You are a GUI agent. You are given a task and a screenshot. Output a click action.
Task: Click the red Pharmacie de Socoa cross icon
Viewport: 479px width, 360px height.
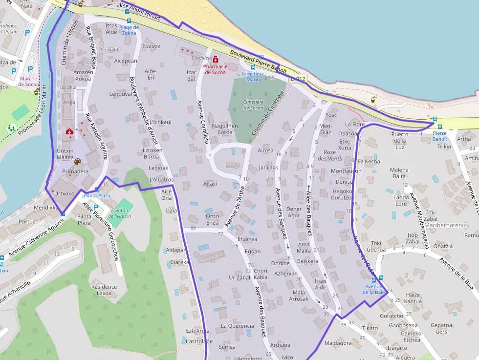click(216, 59)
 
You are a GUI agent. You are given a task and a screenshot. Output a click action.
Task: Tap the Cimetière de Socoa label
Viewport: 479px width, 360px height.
click(253, 105)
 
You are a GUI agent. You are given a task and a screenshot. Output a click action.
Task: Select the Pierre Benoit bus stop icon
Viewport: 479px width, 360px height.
click(435, 119)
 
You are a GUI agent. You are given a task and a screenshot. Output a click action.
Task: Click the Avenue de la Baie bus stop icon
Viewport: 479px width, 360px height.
click(374, 279)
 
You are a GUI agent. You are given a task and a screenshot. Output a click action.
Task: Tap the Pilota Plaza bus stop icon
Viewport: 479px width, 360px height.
click(97, 189)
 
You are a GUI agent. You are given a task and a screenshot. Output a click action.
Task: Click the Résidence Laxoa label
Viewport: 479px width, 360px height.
click(104, 290)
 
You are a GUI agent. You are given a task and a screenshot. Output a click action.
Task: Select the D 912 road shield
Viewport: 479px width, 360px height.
click(298, 79)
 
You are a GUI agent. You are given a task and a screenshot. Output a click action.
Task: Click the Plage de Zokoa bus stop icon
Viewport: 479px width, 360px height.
click(129, 21)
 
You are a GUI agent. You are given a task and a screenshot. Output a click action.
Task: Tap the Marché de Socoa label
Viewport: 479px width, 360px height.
click(29, 81)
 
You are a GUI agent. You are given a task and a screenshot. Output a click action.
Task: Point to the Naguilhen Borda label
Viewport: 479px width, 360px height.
click(224, 129)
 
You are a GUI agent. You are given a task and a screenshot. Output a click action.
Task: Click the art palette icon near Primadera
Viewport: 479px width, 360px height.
click(77, 162)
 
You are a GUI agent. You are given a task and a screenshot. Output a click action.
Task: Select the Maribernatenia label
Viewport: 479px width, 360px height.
click(446, 225)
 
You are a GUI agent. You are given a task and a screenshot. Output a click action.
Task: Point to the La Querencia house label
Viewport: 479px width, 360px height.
click(238, 326)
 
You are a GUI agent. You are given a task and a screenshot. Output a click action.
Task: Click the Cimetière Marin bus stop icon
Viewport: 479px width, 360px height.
click(253, 67)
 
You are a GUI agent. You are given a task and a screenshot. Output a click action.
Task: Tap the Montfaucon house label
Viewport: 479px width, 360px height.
click(346, 171)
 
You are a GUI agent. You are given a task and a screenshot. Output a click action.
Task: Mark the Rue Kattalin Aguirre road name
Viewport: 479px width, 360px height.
click(96, 137)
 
